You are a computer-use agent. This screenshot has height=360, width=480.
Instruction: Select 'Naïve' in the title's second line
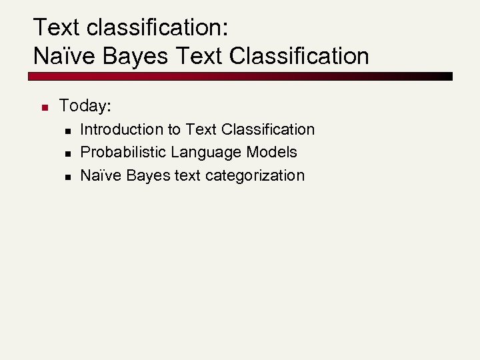point(65,56)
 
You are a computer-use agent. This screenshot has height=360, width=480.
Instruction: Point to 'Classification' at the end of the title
point(299,56)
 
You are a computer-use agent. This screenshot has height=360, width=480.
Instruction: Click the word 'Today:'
point(85,105)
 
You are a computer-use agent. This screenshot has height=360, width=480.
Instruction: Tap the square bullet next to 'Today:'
point(41,107)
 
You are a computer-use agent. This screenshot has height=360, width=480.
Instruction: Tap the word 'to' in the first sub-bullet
point(174,129)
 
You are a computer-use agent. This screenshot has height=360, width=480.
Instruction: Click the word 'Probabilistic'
point(123,152)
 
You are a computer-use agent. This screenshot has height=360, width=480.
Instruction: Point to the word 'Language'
point(206,152)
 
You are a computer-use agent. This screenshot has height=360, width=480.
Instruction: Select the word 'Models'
point(271,152)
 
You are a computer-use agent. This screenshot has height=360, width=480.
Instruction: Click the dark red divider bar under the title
point(240,76)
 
